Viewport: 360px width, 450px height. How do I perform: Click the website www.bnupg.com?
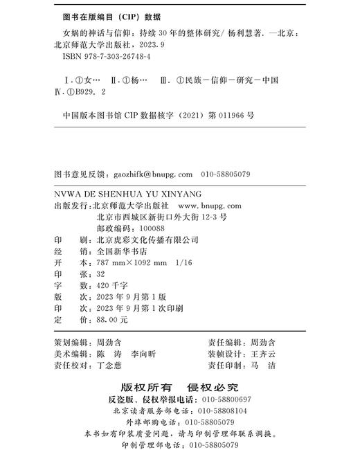tap(209, 205)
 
